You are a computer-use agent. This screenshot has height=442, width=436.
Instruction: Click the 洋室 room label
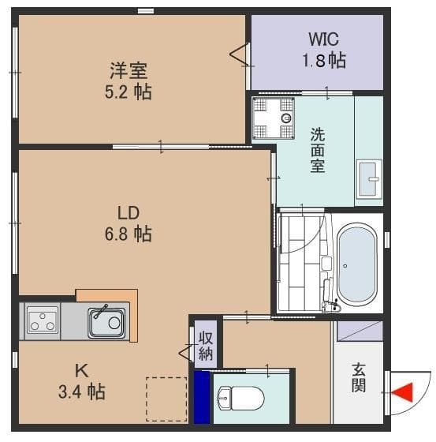pyautogui.click(x=129, y=69)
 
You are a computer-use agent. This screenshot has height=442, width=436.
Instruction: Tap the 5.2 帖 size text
pyautogui.click(x=129, y=92)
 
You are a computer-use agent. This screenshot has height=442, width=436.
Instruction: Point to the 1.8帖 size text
pyautogui.click(x=325, y=60)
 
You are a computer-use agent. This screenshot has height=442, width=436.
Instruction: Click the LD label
pyautogui.click(x=129, y=212)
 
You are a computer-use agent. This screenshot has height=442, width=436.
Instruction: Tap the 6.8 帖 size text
pyautogui.click(x=129, y=234)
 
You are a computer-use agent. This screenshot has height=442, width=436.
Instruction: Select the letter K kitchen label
pyautogui.click(x=80, y=369)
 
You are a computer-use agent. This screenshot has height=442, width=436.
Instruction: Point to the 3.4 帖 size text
pyautogui.click(x=80, y=391)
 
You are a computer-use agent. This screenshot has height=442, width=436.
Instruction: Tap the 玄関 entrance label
pyautogui.click(x=359, y=376)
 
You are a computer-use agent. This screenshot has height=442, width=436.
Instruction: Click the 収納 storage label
pyautogui.click(x=205, y=346)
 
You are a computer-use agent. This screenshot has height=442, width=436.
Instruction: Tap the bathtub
pyautogui.click(x=356, y=263)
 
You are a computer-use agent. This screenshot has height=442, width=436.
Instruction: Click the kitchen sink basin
pyautogui.click(x=105, y=322)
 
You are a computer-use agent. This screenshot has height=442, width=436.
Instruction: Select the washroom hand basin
pyautogui.click(x=368, y=181)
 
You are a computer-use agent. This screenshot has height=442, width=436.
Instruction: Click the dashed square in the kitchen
pyautogui.click(x=166, y=399)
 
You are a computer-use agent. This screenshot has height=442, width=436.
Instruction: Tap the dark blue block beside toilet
pyautogui.click(x=203, y=397)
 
